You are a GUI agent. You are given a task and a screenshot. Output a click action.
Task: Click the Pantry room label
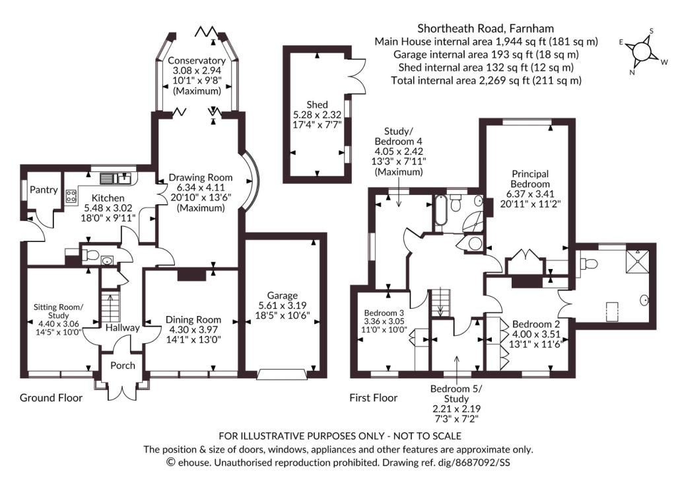[x=44, y=190]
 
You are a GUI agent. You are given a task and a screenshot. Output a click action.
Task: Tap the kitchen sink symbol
[x=116, y=178]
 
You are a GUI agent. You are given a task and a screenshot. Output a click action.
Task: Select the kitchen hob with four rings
[x=71, y=197]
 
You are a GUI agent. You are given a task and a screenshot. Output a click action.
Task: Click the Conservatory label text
[x=197, y=60]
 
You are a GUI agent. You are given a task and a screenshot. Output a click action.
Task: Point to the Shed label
[x=317, y=104]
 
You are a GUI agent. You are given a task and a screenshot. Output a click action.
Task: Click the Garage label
[x=283, y=296]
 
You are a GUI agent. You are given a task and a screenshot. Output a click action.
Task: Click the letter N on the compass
[x=632, y=73]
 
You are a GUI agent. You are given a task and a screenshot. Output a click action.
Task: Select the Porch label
[x=122, y=366]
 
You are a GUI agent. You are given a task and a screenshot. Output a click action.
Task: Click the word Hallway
[x=122, y=328]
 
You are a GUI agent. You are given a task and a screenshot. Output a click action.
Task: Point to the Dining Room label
[x=193, y=319]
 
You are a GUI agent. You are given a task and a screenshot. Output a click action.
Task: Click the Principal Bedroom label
[x=530, y=179]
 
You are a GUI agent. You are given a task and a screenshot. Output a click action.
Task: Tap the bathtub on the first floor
[x=440, y=210]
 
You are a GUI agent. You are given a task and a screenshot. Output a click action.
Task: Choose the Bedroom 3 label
[x=384, y=313]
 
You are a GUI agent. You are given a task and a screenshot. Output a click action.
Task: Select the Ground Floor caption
[x=51, y=398]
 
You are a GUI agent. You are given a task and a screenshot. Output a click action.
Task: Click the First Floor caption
[x=374, y=398]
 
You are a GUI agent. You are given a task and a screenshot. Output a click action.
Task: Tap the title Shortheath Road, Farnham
[x=486, y=28]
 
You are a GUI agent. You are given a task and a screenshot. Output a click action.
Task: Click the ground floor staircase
[x=111, y=307]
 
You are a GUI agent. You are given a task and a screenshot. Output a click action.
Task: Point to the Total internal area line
[x=487, y=80]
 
